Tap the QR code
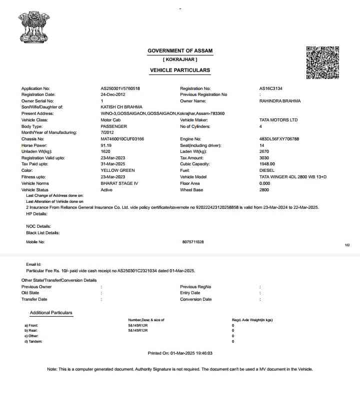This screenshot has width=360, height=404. click(x=322, y=62)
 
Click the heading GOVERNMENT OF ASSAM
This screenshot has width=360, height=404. click(x=179, y=51)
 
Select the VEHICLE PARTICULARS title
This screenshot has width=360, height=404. click(x=180, y=70)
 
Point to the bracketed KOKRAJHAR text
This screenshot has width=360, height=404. click(x=180, y=60)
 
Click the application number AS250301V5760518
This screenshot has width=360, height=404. click(x=120, y=88)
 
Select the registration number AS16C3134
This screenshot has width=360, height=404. click(x=271, y=88)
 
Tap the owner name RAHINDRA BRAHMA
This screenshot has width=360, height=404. click(x=280, y=101)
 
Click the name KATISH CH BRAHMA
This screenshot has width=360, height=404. click(x=121, y=107)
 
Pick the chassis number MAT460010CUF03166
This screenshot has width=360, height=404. click(x=122, y=139)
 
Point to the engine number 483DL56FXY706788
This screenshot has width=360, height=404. click(x=279, y=139)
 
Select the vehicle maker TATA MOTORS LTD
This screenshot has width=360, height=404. click(x=278, y=120)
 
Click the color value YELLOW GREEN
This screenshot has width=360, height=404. click(x=118, y=170)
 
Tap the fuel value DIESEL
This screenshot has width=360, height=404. click(x=267, y=170)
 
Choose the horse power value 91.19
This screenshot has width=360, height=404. click(x=106, y=145)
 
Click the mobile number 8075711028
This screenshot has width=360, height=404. click(x=193, y=242)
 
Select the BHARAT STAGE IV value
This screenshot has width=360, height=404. click(x=119, y=183)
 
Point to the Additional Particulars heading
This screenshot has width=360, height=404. click(x=51, y=313)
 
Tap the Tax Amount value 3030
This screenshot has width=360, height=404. click(x=264, y=158)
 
